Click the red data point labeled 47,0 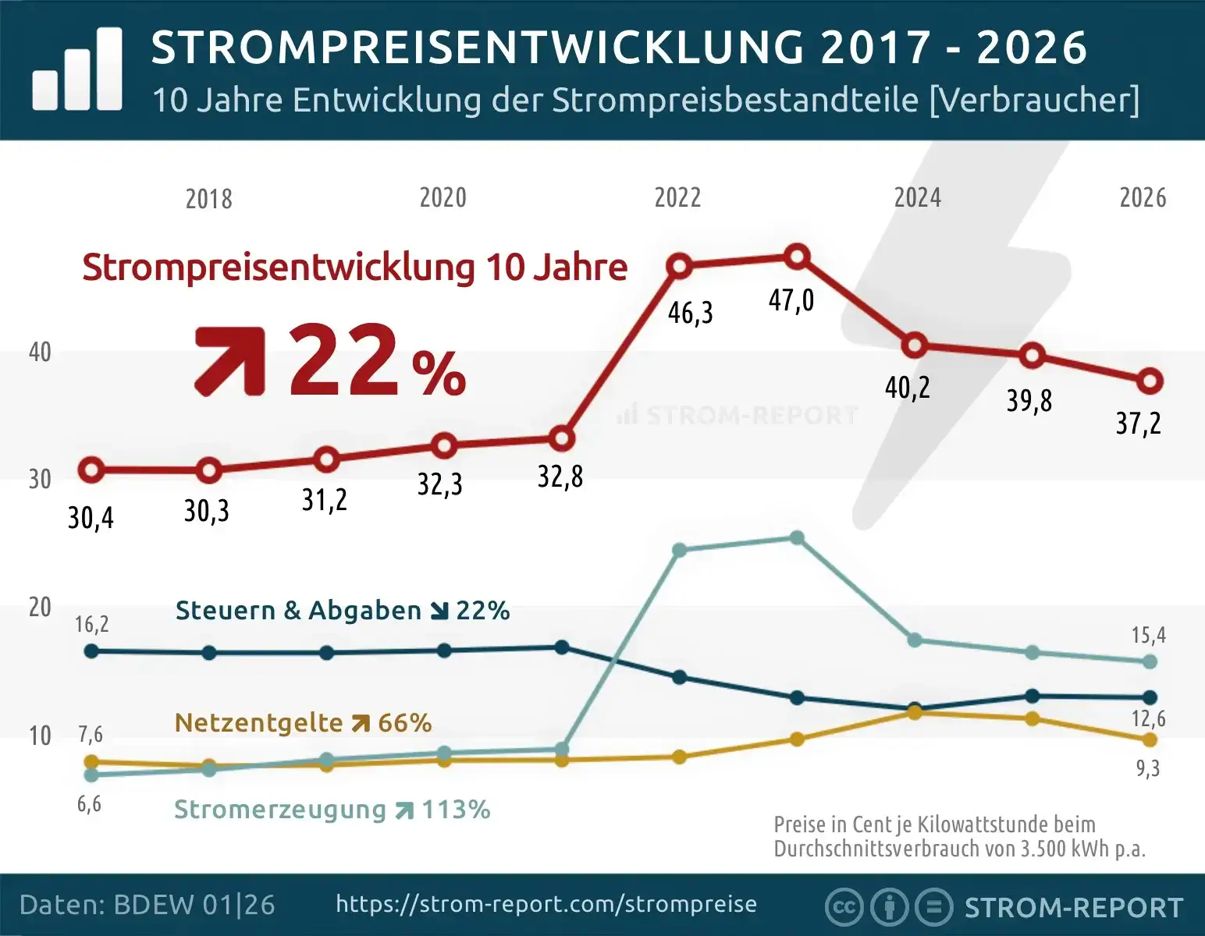[x=797, y=257]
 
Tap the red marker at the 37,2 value [x=1150, y=382]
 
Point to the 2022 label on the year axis [x=677, y=198]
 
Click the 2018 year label [x=208, y=199]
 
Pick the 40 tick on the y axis [x=40, y=352]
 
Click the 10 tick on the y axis [x=40, y=736]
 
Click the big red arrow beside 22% [x=229, y=361]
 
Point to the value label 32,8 [x=560, y=477]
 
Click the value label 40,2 [x=907, y=388]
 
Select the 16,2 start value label [x=92, y=625]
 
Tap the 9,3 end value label [x=1148, y=768]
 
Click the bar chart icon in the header [x=77, y=69]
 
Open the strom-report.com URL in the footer [x=546, y=904]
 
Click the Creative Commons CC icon [x=844, y=907]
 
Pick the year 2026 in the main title [x=1032, y=48]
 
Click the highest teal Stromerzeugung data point [x=797, y=537]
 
